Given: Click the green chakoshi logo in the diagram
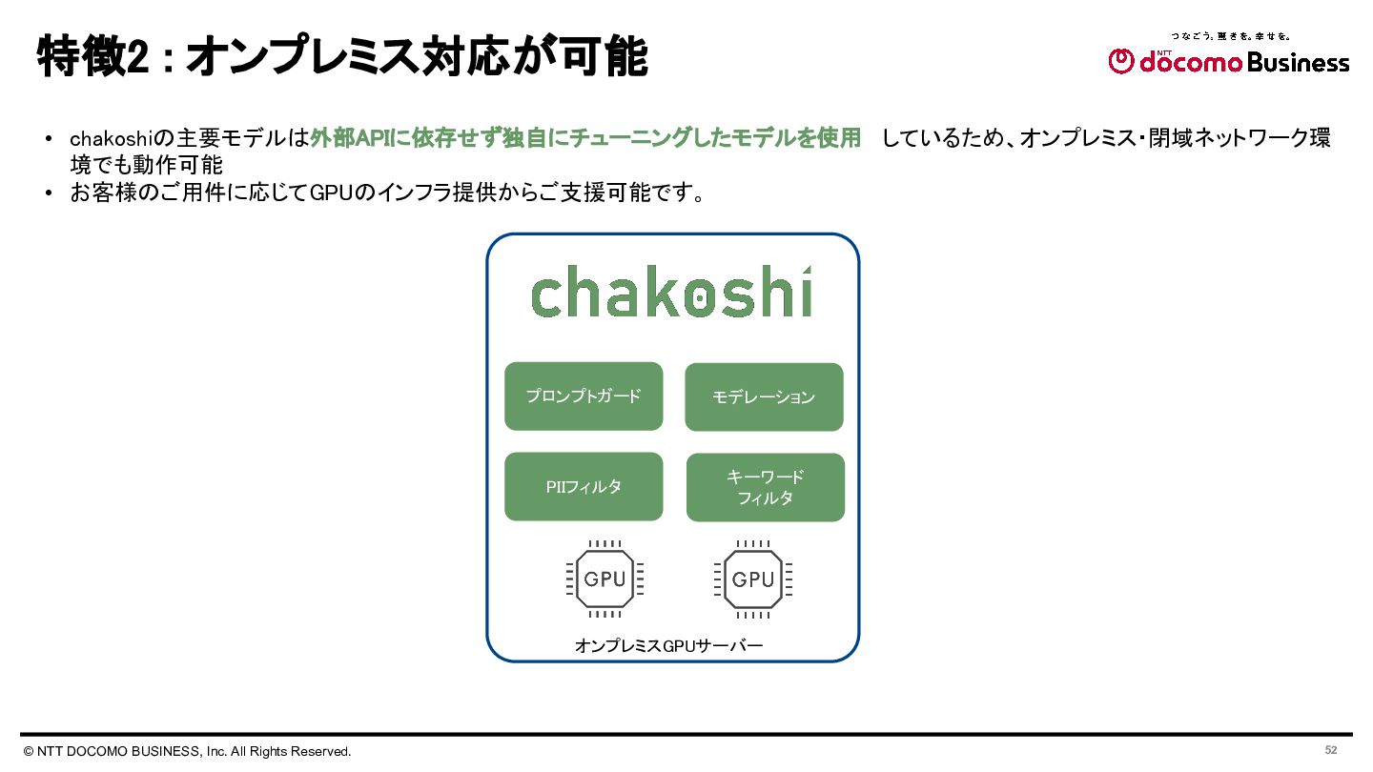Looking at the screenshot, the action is pyautogui.click(x=671, y=293).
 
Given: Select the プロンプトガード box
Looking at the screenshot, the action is pyautogui.click(x=584, y=396).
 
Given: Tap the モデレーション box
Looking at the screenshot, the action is pyautogui.click(x=764, y=396).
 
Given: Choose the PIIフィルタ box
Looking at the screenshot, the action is pyautogui.click(x=584, y=486).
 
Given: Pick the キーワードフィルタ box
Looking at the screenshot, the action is pyautogui.click(x=766, y=487).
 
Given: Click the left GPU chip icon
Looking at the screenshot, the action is pyautogui.click(x=605, y=579).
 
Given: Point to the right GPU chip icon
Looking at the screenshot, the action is pyautogui.click(x=753, y=579).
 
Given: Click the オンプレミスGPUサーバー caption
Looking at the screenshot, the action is pyautogui.click(x=668, y=646).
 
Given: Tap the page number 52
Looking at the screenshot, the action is pyautogui.click(x=1331, y=750).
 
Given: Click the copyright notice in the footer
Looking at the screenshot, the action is pyautogui.click(x=188, y=751).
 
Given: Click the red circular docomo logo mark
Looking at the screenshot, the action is pyautogui.click(x=1121, y=62).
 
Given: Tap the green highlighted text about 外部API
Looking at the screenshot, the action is pyautogui.click(x=585, y=138).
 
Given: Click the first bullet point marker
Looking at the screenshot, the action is pyautogui.click(x=49, y=139).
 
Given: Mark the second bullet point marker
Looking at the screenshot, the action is pyautogui.click(x=49, y=193).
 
